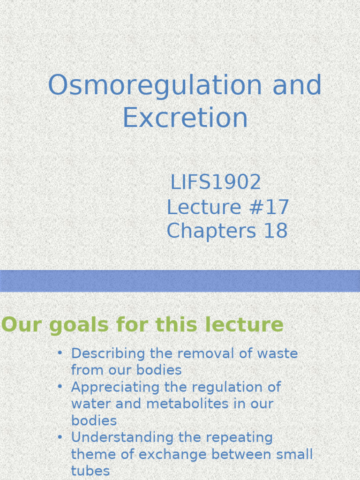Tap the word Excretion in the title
[185, 118]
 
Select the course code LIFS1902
[216, 182]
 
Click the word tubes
[90, 471]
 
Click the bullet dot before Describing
[60, 352]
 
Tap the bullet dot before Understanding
[60, 437]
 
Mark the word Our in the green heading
[15, 325]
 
